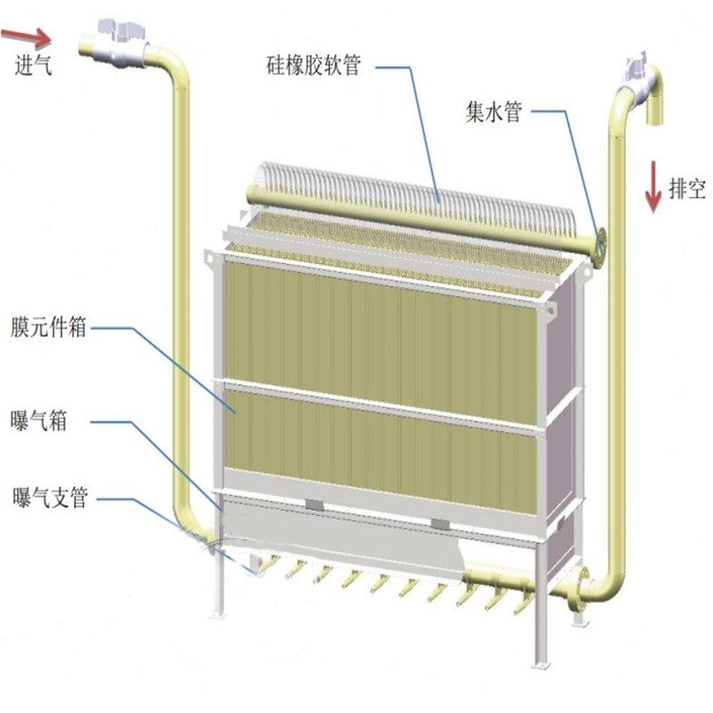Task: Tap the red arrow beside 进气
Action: [27, 37]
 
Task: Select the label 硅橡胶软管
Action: [313, 64]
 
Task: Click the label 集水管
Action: [493, 111]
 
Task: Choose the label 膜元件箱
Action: [50, 327]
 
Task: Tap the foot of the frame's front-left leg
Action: [217, 615]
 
